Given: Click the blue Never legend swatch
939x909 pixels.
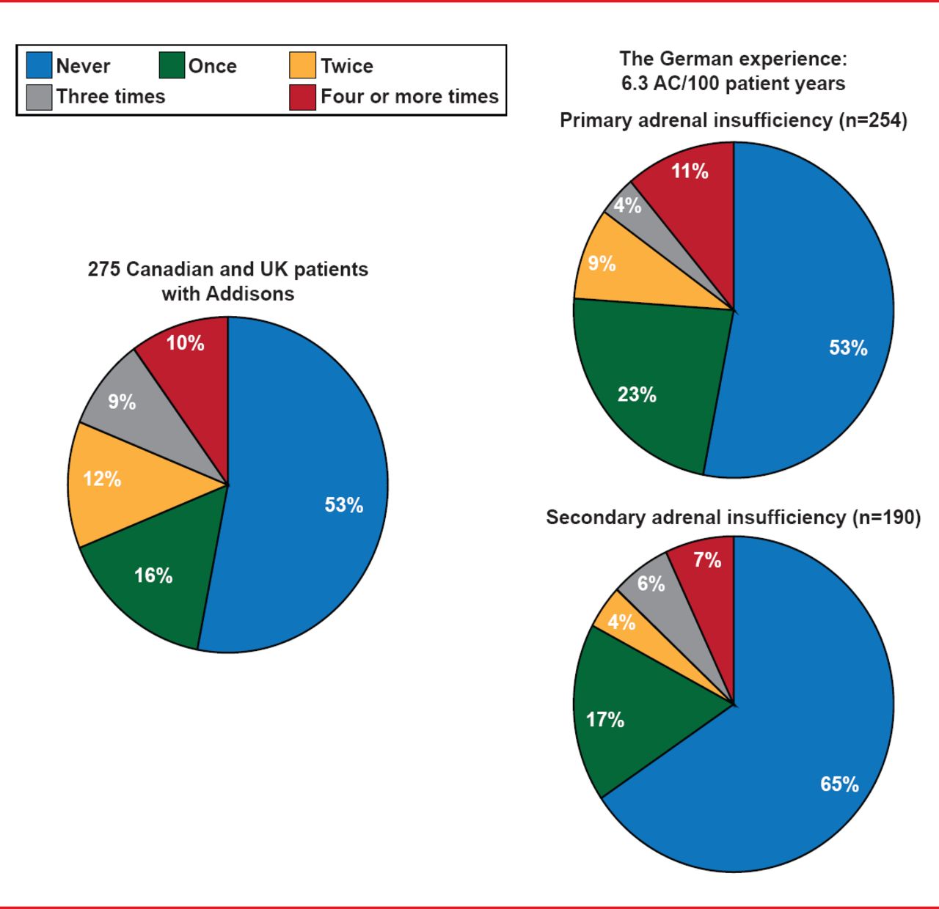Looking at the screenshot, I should click(x=39, y=65).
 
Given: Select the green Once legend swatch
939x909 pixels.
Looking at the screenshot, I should click(x=172, y=65).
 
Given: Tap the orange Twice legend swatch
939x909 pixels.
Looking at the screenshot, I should click(x=302, y=65).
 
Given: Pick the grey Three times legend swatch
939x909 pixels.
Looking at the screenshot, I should click(x=39, y=97).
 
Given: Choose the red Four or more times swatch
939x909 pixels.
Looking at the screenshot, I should click(x=302, y=97).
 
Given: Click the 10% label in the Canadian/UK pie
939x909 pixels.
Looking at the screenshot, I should click(x=185, y=343).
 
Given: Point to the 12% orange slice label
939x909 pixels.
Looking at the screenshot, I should click(x=102, y=479).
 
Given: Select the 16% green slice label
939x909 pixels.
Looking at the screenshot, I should click(x=153, y=575).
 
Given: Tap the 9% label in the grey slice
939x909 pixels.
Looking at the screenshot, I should click(x=122, y=402).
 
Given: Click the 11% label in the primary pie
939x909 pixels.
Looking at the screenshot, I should click(x=690, y=172).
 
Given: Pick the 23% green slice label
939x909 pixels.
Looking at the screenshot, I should click(x=637, y=395).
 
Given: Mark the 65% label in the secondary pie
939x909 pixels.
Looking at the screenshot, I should click(x=839, y=784).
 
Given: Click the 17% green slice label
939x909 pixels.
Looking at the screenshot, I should click(x=605, y=720).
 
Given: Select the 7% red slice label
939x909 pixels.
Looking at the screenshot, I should click(x=707, y=561).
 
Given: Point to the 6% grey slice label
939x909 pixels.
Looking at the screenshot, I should click(x=651, y=584).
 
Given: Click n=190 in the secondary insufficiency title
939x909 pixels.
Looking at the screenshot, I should click(x=886, y=518).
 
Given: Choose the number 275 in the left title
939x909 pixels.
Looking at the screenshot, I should click(x=103, y=270).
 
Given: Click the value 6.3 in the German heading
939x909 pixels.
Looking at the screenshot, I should click(x=635, y=84).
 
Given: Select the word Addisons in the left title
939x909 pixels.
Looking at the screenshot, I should click(x=250, y=294).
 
